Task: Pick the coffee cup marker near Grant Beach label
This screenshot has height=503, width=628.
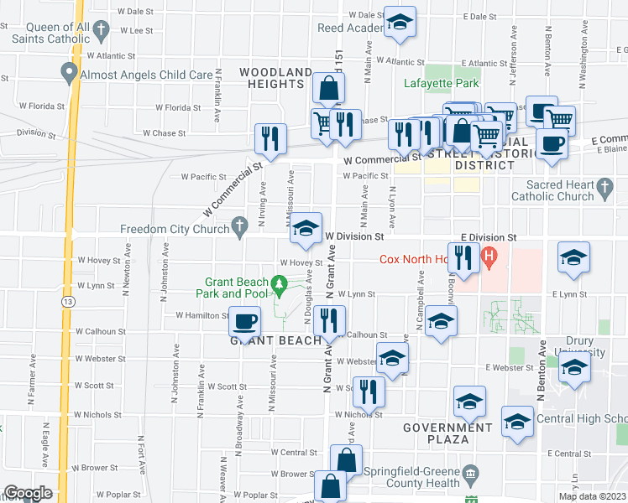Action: (x=244, y=321)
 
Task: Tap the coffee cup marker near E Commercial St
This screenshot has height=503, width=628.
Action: (x=552, y=143)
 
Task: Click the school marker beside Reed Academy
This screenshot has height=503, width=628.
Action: (x=400, y=22)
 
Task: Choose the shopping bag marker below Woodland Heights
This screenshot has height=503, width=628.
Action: (x=327, y=87)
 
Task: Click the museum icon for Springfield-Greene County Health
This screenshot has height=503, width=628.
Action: (x=470, y=474)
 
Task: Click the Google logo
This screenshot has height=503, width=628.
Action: (x=28, y=493)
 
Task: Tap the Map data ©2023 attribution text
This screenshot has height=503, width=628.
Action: (x=591, y=496)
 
